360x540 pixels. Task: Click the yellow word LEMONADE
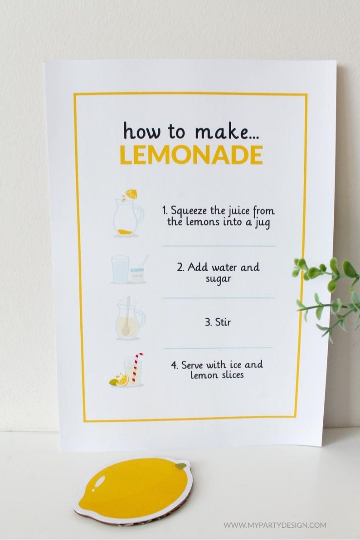[191, 155]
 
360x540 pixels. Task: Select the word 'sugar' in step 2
[218, 279]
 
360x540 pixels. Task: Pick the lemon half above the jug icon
[132, 194]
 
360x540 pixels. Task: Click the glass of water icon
[120, 269]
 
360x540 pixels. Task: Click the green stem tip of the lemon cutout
[181, 466]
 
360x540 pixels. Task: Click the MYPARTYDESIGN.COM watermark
[274, 525]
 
